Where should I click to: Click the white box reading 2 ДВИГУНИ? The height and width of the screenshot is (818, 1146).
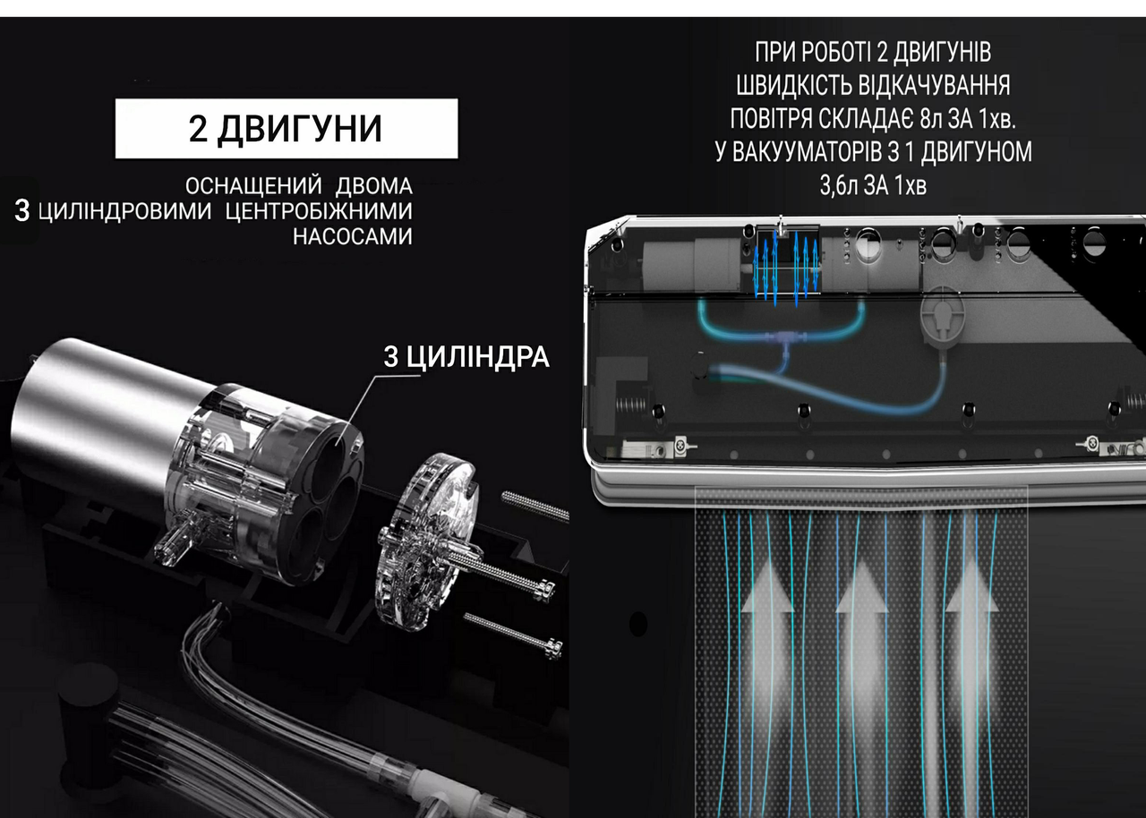pyautogui.click(x=286, y=128)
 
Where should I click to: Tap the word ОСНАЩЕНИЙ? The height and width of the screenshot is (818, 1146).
pyautogui.click(x=253, y=186)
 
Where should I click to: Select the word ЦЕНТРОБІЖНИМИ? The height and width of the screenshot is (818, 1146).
pyautogui.click(x=319, y=211)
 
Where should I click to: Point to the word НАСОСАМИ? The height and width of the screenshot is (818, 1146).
pyautogui.click(x=353, y=236)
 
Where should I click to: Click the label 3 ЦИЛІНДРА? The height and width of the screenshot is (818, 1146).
pyautogui.click(x=466, y=357)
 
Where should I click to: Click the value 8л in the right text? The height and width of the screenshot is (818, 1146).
pyautogui.click(x=930, y=119)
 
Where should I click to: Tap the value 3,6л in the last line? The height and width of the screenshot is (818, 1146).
pyautogui.click(x=839, y=185)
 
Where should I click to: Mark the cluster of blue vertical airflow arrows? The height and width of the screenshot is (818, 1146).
pyautogui.click(x=786, y=268)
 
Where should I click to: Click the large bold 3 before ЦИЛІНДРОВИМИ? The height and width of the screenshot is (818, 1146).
pyautogui.click(x=22, y=210)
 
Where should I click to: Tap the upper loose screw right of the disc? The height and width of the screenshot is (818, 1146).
pyautogui.click(x=535, y=507)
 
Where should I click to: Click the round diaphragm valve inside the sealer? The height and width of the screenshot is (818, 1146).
pyautogui.click(x=941, y=317)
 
